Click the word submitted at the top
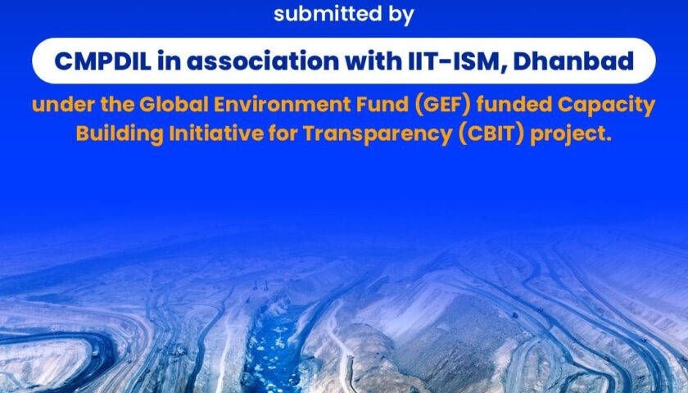click(x=328, y=14)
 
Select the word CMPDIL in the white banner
click(x=103, y=61)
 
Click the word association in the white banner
click(x=263, y=61)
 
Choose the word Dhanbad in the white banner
click(x=573, y=61)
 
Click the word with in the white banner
click(x=373, y=61)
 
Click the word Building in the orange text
click(x=120, y=134)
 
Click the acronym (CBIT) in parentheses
click(x=491, y=134)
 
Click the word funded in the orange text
click(x=514, y=105)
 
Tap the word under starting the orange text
click(x=63, y=105)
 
